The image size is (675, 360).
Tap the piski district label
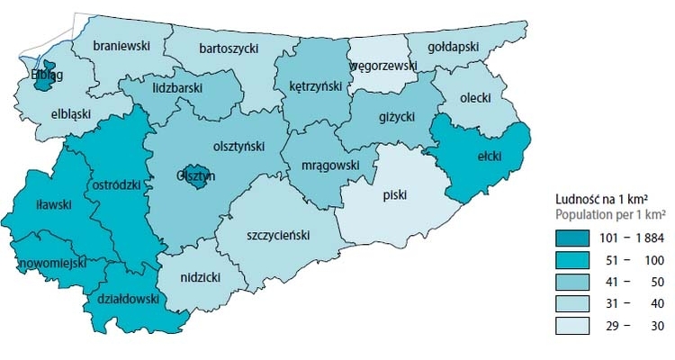(x=393, y=192)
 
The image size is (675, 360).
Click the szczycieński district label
(x=277, y=234)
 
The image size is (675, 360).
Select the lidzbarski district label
(x=177, y=88)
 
